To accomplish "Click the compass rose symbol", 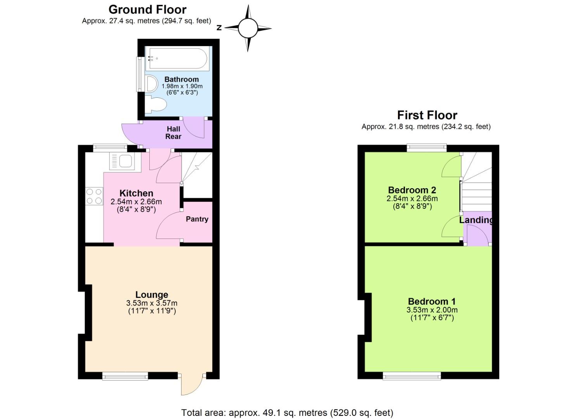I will click(248, 28).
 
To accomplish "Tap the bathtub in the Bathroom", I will click(177, 58).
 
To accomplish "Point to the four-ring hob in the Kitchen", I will click(94, 196).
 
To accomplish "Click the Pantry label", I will click(197, 219).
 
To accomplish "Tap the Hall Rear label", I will click(173, 133).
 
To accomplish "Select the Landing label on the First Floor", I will click(476, 220).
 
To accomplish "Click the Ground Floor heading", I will click(147, 9).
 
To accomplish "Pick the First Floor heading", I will click(427, 115).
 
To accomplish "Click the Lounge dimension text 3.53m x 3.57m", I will click(152, 303).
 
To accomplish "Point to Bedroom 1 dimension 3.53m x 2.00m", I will click(432, 310).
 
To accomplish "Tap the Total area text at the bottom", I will click(287, 412).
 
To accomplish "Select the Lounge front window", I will click(125, 376).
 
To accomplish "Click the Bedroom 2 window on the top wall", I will click(426, 147).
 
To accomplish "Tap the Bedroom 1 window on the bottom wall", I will click(412, 376).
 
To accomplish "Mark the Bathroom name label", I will click(182, 79).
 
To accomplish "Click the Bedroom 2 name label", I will click(412, 190).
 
